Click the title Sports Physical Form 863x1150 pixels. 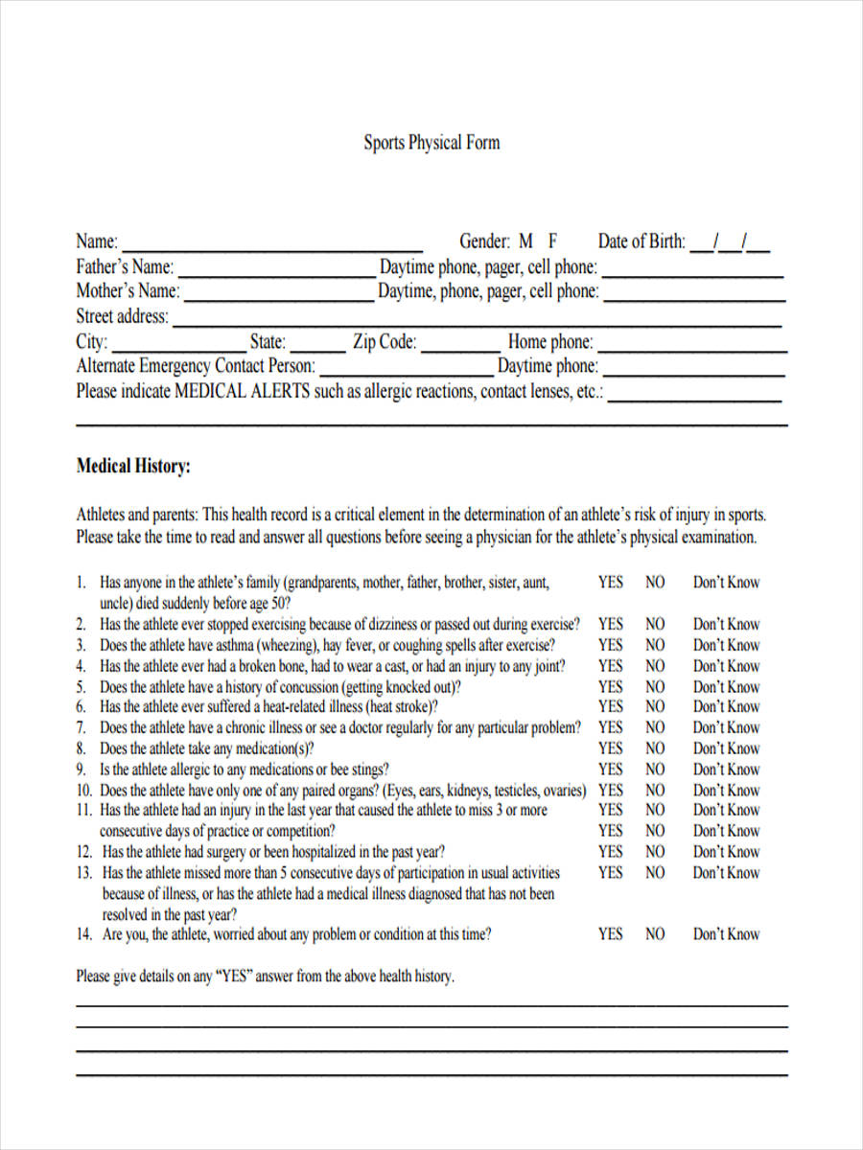(x=431, y=143)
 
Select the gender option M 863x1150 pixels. (x=525, y=241)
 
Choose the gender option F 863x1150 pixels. (x=552, y=241)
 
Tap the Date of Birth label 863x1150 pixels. (x=641, y=241)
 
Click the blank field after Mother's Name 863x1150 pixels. (x=278, y=296)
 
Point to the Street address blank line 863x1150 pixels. (x=479, y=322)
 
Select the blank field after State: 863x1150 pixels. (x=317, y=347)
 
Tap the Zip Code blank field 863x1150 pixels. (x=460, y=347)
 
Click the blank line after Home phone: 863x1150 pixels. (x=691, y=347)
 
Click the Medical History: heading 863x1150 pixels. (x=133, y=467)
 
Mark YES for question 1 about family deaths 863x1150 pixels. (x=610, y=582)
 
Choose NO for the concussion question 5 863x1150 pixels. (x=655, y=686)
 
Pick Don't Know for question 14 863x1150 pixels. (x=726, y=934)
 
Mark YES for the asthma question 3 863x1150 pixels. (x=610, y=645)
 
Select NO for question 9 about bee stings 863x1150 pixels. (x=655, y=770)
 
